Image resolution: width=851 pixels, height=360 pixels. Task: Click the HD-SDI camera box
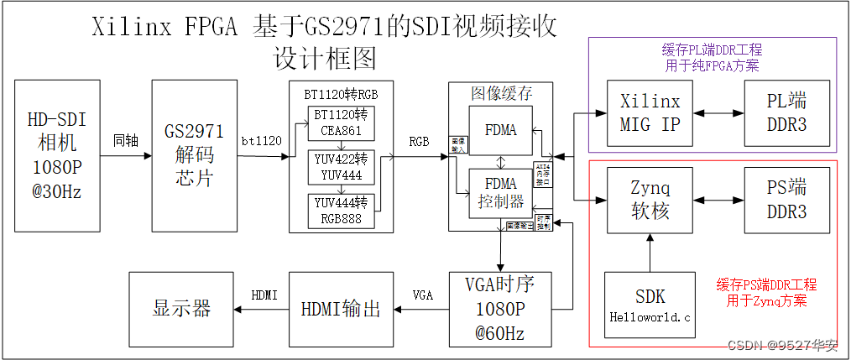pyautogui.click(x=57, y=155)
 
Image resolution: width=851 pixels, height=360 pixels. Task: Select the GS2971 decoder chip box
pyautogui.click(x=194, y=155)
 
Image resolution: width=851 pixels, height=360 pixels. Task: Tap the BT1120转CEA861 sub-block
pyautogui.click(x=342, y=122)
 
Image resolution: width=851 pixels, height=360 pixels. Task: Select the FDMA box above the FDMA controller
pyautogui.click(x=500, y=130)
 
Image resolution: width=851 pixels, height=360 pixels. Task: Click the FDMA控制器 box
pyautogui.click(x=500, y=193)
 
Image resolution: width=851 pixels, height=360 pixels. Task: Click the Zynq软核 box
pyautogui.click(x=650, y=200)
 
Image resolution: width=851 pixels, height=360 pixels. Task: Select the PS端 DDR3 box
pyautogui.click(x=786, y=200)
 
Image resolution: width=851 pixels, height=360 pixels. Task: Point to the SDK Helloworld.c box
pyautogui.click(x=650, y=305)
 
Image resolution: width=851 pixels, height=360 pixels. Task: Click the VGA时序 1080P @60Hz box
pyautogui.click(x=500, y=308)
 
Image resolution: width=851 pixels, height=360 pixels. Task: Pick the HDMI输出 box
pyautogui.click(x=340, y=309)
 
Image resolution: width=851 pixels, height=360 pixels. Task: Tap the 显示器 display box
pyautogui.click(x=181, y=309)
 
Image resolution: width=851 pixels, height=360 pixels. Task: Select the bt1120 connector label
pyautogui.click(x=262, y=140)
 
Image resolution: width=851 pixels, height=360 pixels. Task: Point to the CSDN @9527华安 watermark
pyautogui.click(x=781, y=346)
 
